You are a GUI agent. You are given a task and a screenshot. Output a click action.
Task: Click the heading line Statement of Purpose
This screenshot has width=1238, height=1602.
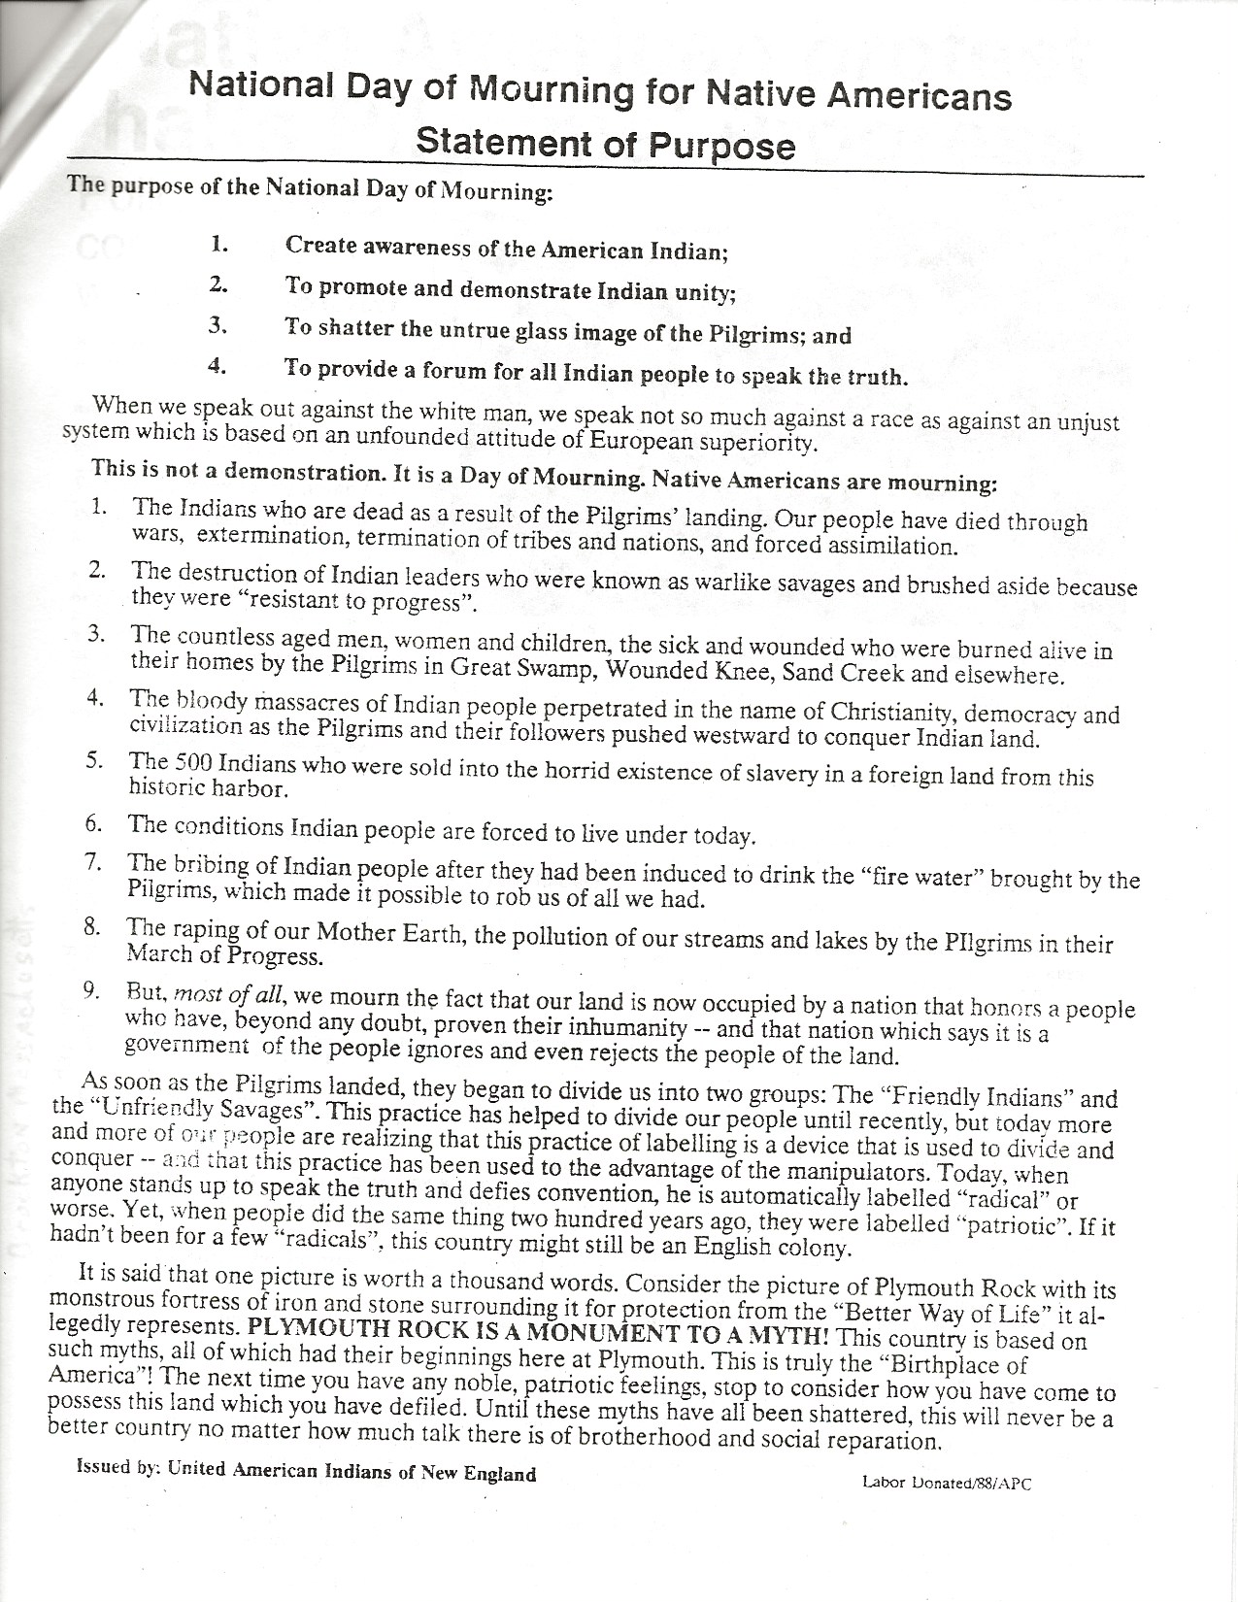[x=605, y=144]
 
